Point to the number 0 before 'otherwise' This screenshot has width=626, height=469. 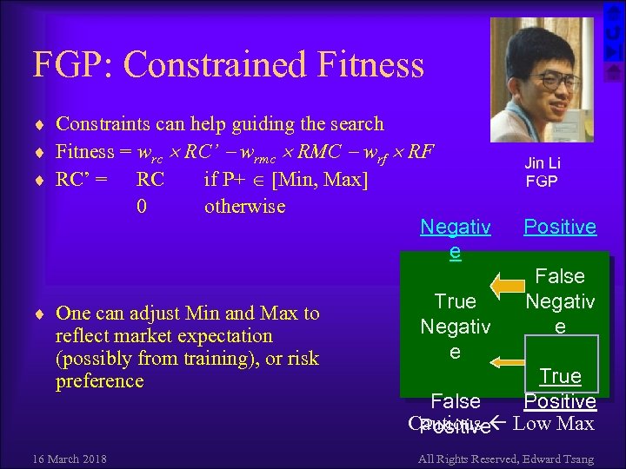142,207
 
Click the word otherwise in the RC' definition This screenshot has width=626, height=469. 244,207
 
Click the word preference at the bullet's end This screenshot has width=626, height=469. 99,381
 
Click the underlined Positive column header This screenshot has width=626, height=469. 559,227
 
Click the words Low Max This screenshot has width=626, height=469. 554,424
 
